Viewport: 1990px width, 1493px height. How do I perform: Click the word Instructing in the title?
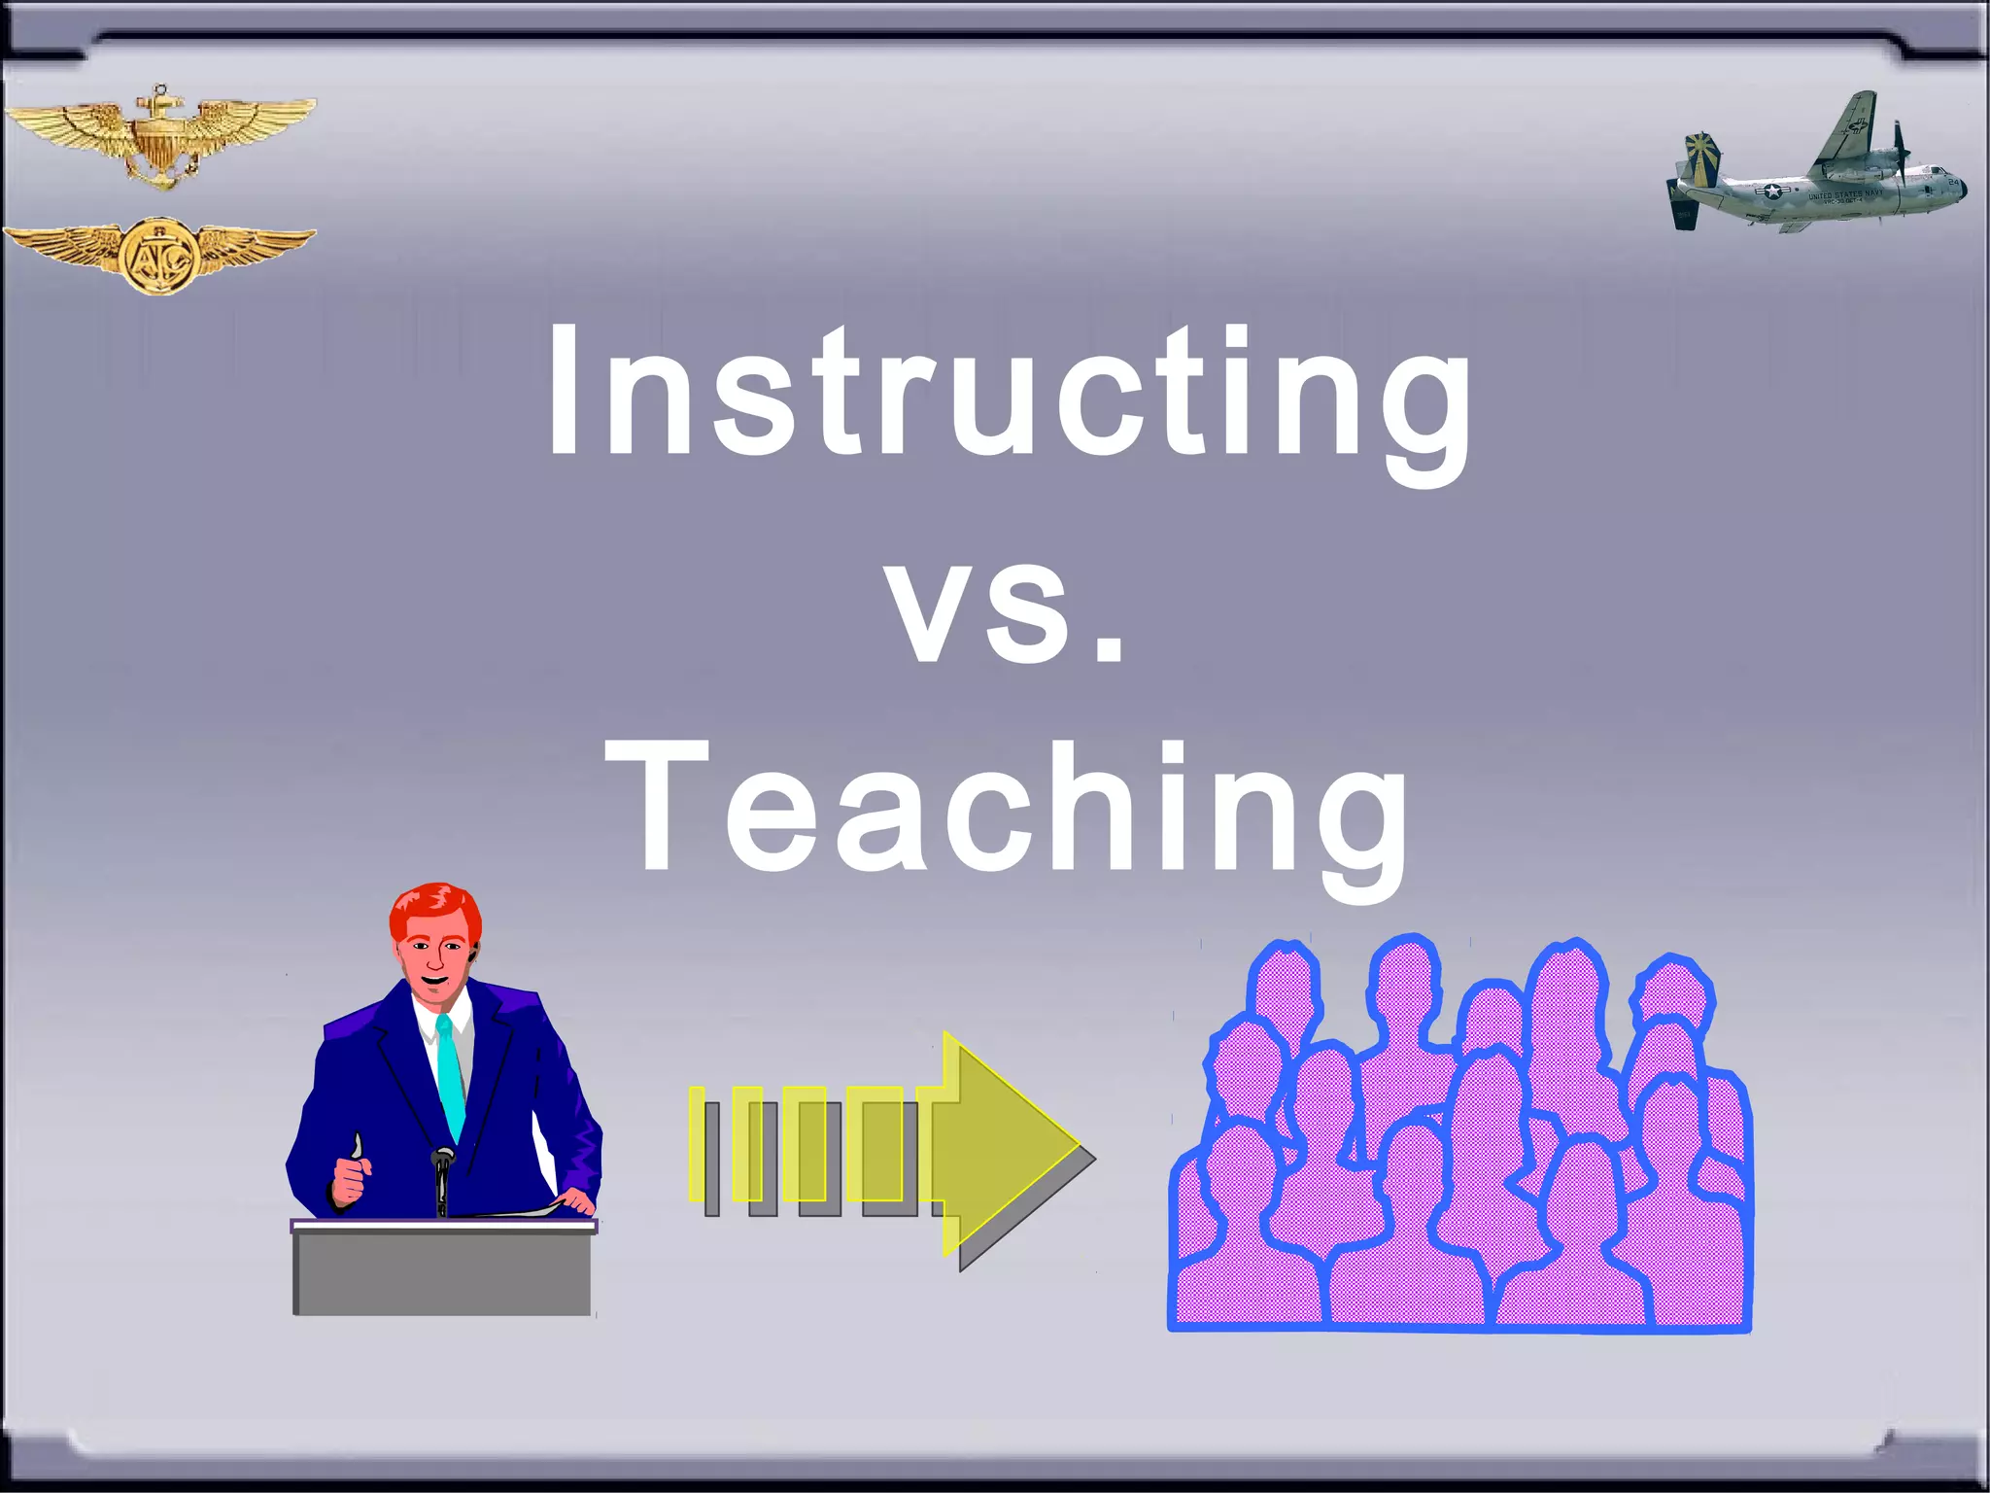click(1009, 394)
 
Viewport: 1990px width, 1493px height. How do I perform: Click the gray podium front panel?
click(442, 1273)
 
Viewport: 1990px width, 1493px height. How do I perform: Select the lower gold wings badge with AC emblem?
click(160, 255)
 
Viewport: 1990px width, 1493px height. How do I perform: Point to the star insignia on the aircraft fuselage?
click(1774, 191)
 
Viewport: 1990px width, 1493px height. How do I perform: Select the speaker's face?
click(434, 957)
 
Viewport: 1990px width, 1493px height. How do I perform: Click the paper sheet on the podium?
click(515, 1211)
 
